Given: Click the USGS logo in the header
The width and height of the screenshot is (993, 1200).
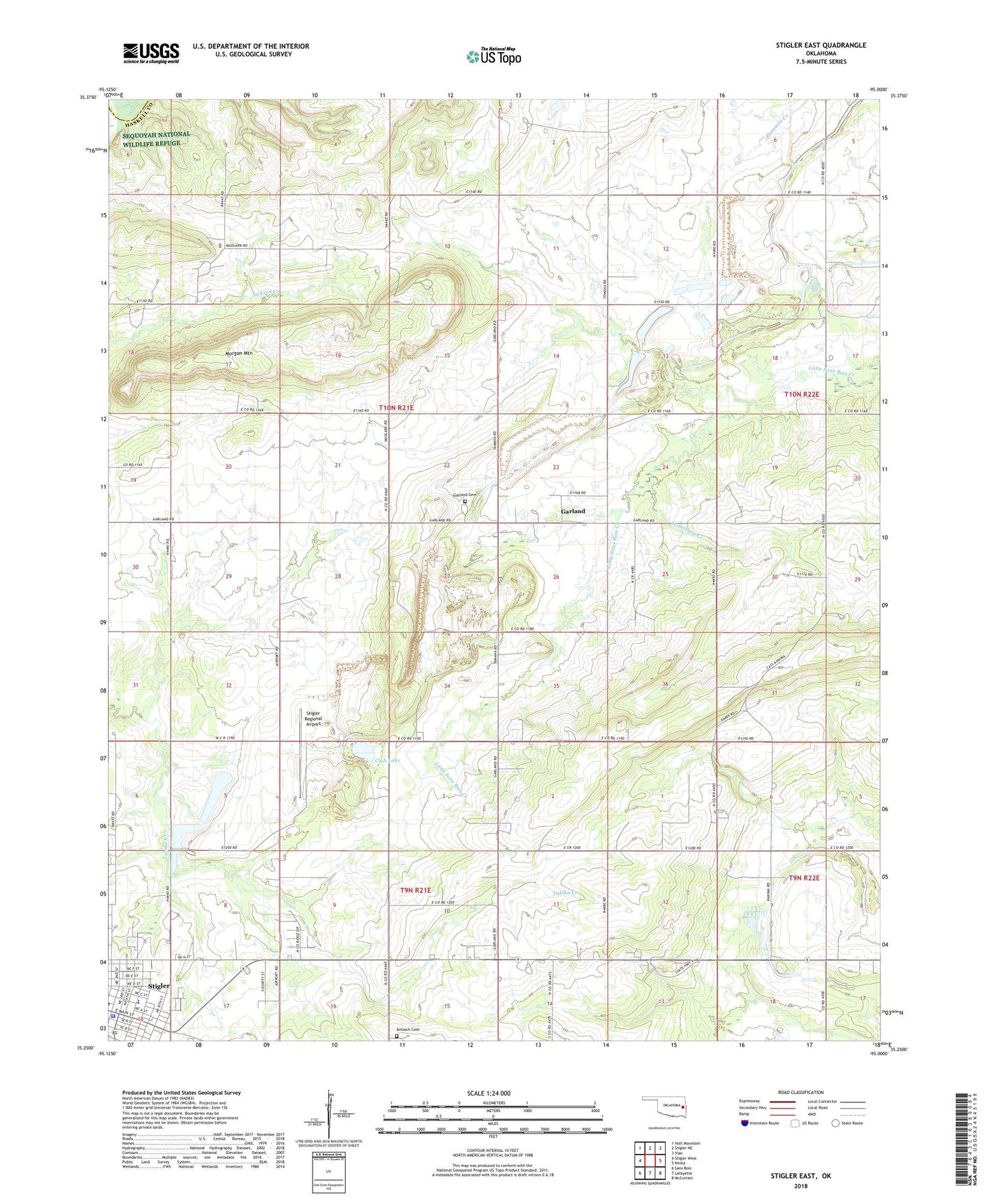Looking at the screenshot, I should click(x=151, y=53).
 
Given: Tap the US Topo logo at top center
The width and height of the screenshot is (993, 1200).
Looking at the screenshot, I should click(x=493, y=56).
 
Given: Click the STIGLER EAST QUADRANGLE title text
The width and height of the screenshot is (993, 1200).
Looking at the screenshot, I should click(x=816, y=45).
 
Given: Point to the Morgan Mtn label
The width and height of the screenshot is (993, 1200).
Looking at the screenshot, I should click(x=223, y=353).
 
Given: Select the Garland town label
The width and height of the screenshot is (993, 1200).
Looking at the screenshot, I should click(x=572, y=511).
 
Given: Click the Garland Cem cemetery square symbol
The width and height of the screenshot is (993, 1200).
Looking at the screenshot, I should click(x=465, y=502).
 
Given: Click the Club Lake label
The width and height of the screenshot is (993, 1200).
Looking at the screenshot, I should click(x=388, y=760).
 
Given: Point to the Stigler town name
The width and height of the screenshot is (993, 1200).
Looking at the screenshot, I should click(x=159, y=986).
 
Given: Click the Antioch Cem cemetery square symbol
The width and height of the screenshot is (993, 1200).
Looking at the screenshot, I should click(x=397, y=1037).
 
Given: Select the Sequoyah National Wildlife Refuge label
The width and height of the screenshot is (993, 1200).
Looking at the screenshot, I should click(x=156, y=139).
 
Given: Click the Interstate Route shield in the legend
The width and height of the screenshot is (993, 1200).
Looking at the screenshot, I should click(x=745, y=1123).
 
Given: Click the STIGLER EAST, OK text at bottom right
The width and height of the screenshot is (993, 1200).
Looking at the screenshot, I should click(x=801, y=1176).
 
